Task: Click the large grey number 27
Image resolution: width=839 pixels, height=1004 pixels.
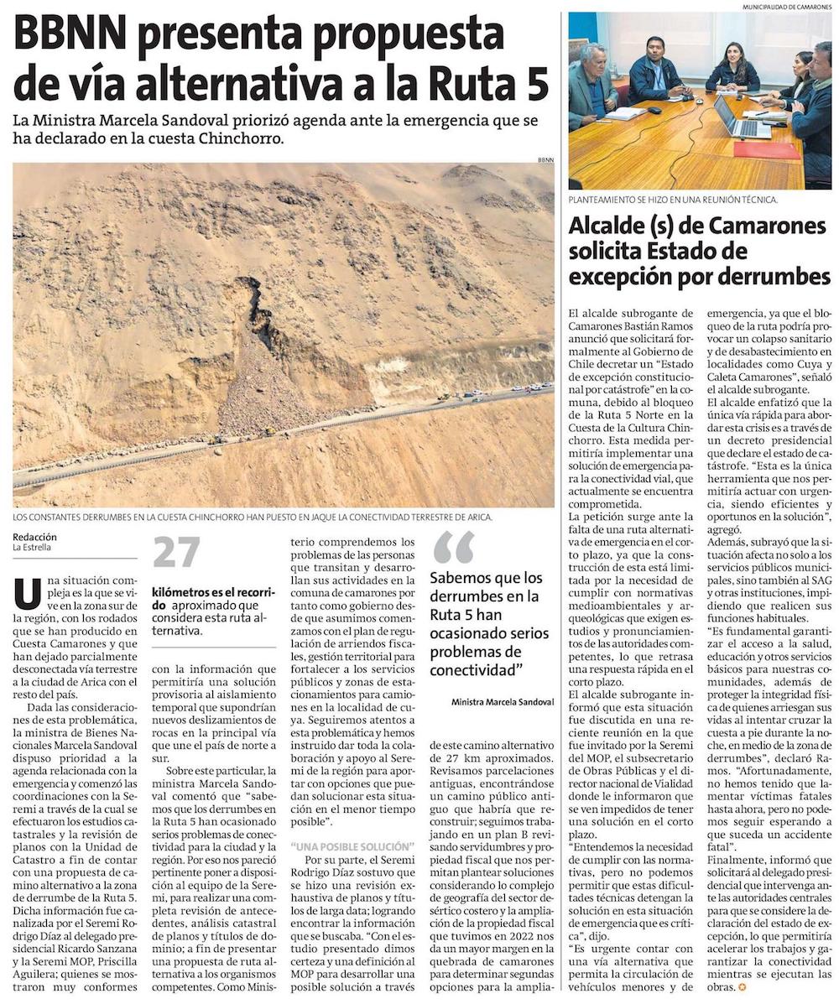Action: (177, 553)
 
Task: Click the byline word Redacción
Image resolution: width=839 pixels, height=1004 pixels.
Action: (34, 536)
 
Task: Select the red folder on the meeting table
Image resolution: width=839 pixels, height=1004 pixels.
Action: (766, 149)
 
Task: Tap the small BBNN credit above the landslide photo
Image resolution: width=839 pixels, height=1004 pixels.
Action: (546, 159)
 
